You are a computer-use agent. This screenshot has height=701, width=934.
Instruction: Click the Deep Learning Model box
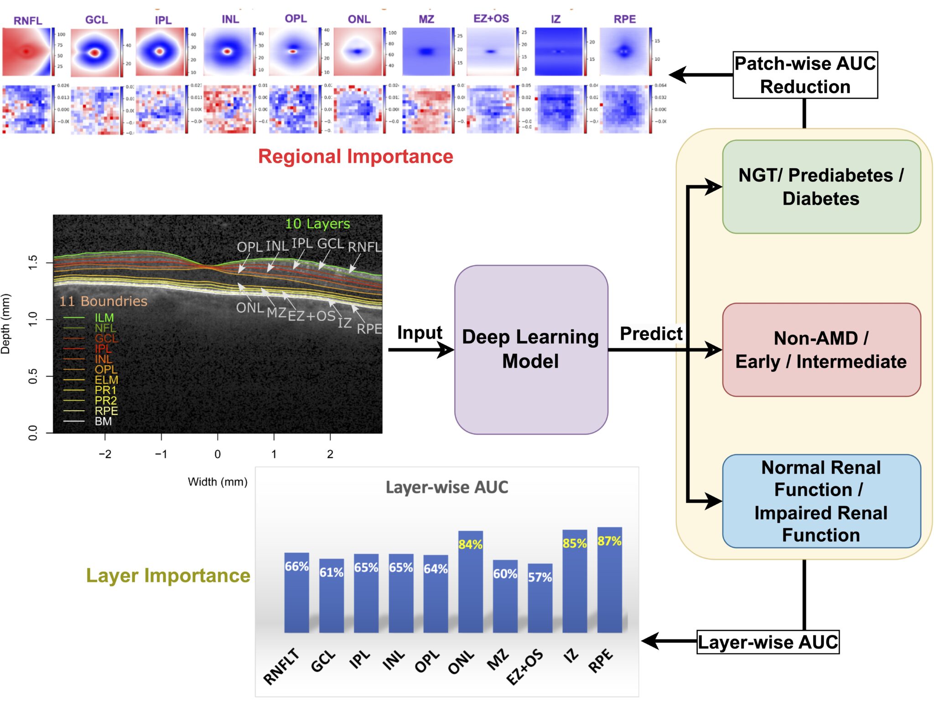(x=530, y=349)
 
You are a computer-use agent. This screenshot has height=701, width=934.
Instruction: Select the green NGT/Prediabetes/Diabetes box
(x=821, y=187)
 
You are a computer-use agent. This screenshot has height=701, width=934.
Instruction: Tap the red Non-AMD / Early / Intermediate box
(x=821, y=350)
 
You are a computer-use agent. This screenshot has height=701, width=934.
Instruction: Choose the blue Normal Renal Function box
(x=821, y=501)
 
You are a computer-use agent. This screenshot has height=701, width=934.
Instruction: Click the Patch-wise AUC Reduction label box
(x=805, y=75)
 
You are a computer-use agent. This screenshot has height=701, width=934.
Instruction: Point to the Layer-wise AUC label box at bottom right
(x=768, y=642)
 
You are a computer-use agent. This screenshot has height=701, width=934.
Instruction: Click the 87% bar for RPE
(x=609, y=583)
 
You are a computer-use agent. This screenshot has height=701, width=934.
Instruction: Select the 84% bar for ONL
(x=470, y=586)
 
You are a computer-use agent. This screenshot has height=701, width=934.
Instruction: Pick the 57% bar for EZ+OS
(x=540, y=599)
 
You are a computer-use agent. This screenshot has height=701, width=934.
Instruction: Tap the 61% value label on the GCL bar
(x=331, y=572)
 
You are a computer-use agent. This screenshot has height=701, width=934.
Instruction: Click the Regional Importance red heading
(x=355, y=156)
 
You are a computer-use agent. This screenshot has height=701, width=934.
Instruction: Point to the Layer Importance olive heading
(x=168, y=575)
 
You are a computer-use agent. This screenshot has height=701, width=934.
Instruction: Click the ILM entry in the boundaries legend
(x=104, y=318)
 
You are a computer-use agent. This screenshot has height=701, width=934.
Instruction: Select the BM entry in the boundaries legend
(x=103, y=421)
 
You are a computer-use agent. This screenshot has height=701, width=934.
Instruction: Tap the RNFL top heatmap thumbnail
(x=26, y=52)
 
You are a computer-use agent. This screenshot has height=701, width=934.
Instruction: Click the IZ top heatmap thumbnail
(x=558, y=52)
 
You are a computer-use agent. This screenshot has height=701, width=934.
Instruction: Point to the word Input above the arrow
(x=420, y=332)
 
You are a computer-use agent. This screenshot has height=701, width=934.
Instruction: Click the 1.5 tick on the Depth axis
(x=33, y=263)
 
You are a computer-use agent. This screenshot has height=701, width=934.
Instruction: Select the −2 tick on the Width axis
(x=105, y=454)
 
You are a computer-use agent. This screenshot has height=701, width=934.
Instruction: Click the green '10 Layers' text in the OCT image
(x=317, y=224)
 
